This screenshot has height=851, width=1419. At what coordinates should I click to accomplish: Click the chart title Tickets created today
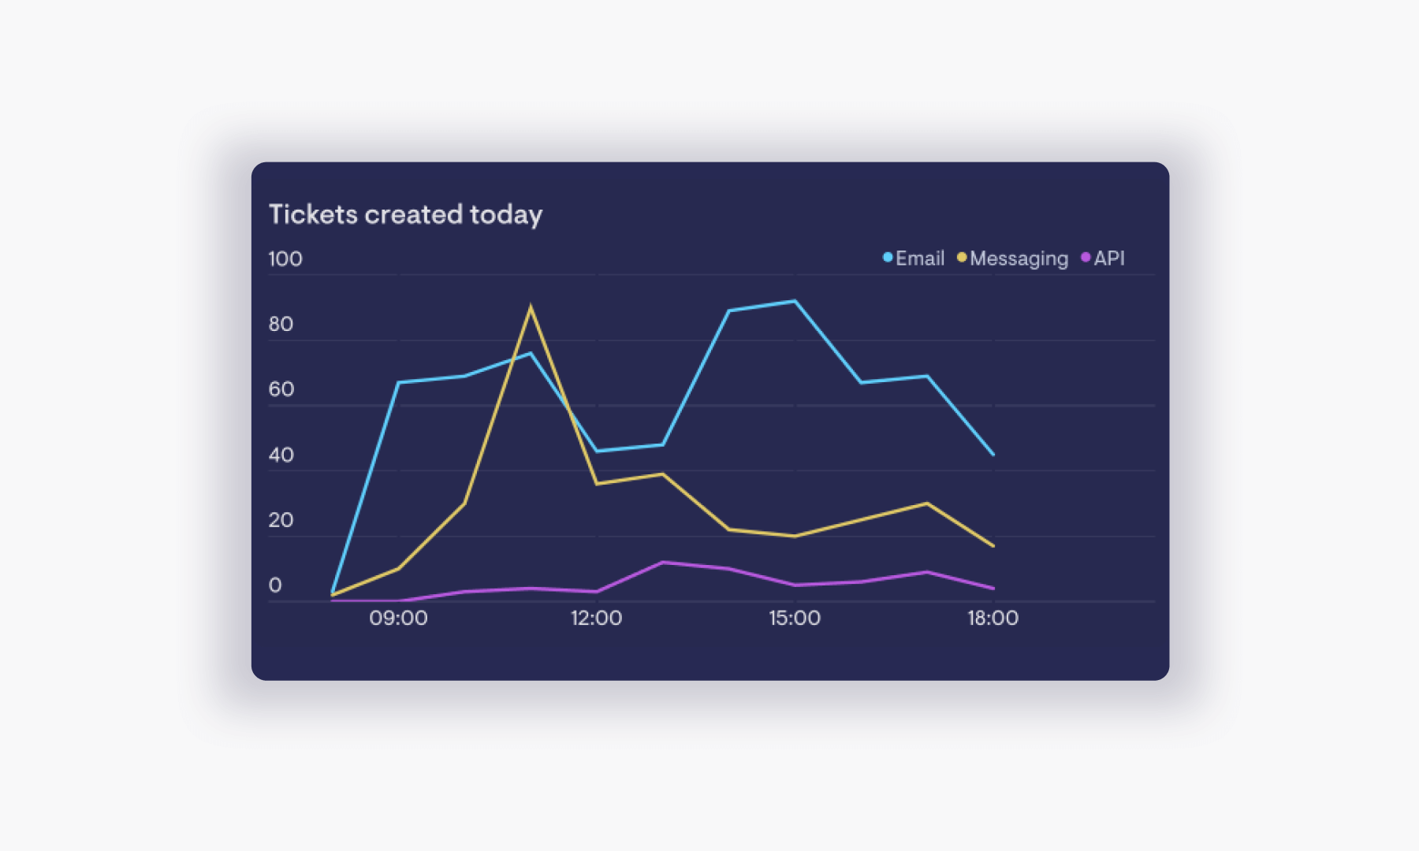[x=405, y=214]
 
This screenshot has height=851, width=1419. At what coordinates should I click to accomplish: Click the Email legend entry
[x=914, y=258]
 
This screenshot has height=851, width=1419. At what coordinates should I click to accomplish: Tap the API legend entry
[x=1104, y=258]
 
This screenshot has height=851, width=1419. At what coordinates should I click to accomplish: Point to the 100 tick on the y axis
[x=285, y=259]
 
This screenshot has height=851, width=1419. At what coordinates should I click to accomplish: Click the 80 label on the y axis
[x=281, y=325]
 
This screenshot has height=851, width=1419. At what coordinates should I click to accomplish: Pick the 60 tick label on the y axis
[x=281, y=389]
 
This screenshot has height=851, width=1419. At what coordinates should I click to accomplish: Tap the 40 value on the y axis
[x=281, y=455]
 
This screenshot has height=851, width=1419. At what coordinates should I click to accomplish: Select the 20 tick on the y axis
[x=281, y=521]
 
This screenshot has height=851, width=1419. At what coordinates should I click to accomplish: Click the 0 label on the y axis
[x=275, y=585]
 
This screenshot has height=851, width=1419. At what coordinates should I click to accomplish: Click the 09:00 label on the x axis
[x=398, y=619]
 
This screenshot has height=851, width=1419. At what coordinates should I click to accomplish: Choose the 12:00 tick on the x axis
[x=596, y=619]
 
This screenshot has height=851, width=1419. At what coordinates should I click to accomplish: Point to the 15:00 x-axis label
[x=795, y=619]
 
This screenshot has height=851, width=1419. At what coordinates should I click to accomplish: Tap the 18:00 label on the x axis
[x=993, y=619]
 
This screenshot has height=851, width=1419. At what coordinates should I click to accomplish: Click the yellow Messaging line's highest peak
[x=531, y=307]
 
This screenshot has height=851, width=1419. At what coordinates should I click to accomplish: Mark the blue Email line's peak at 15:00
[x=795, y=301]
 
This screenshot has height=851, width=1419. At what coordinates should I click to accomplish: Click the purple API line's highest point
[x=663, y=563]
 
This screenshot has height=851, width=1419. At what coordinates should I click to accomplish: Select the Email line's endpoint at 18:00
[x=993, y=454]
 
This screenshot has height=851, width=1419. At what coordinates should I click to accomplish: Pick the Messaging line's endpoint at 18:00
[x=993, y=545]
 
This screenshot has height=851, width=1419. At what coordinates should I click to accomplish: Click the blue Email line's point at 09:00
[x=398, y=383]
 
